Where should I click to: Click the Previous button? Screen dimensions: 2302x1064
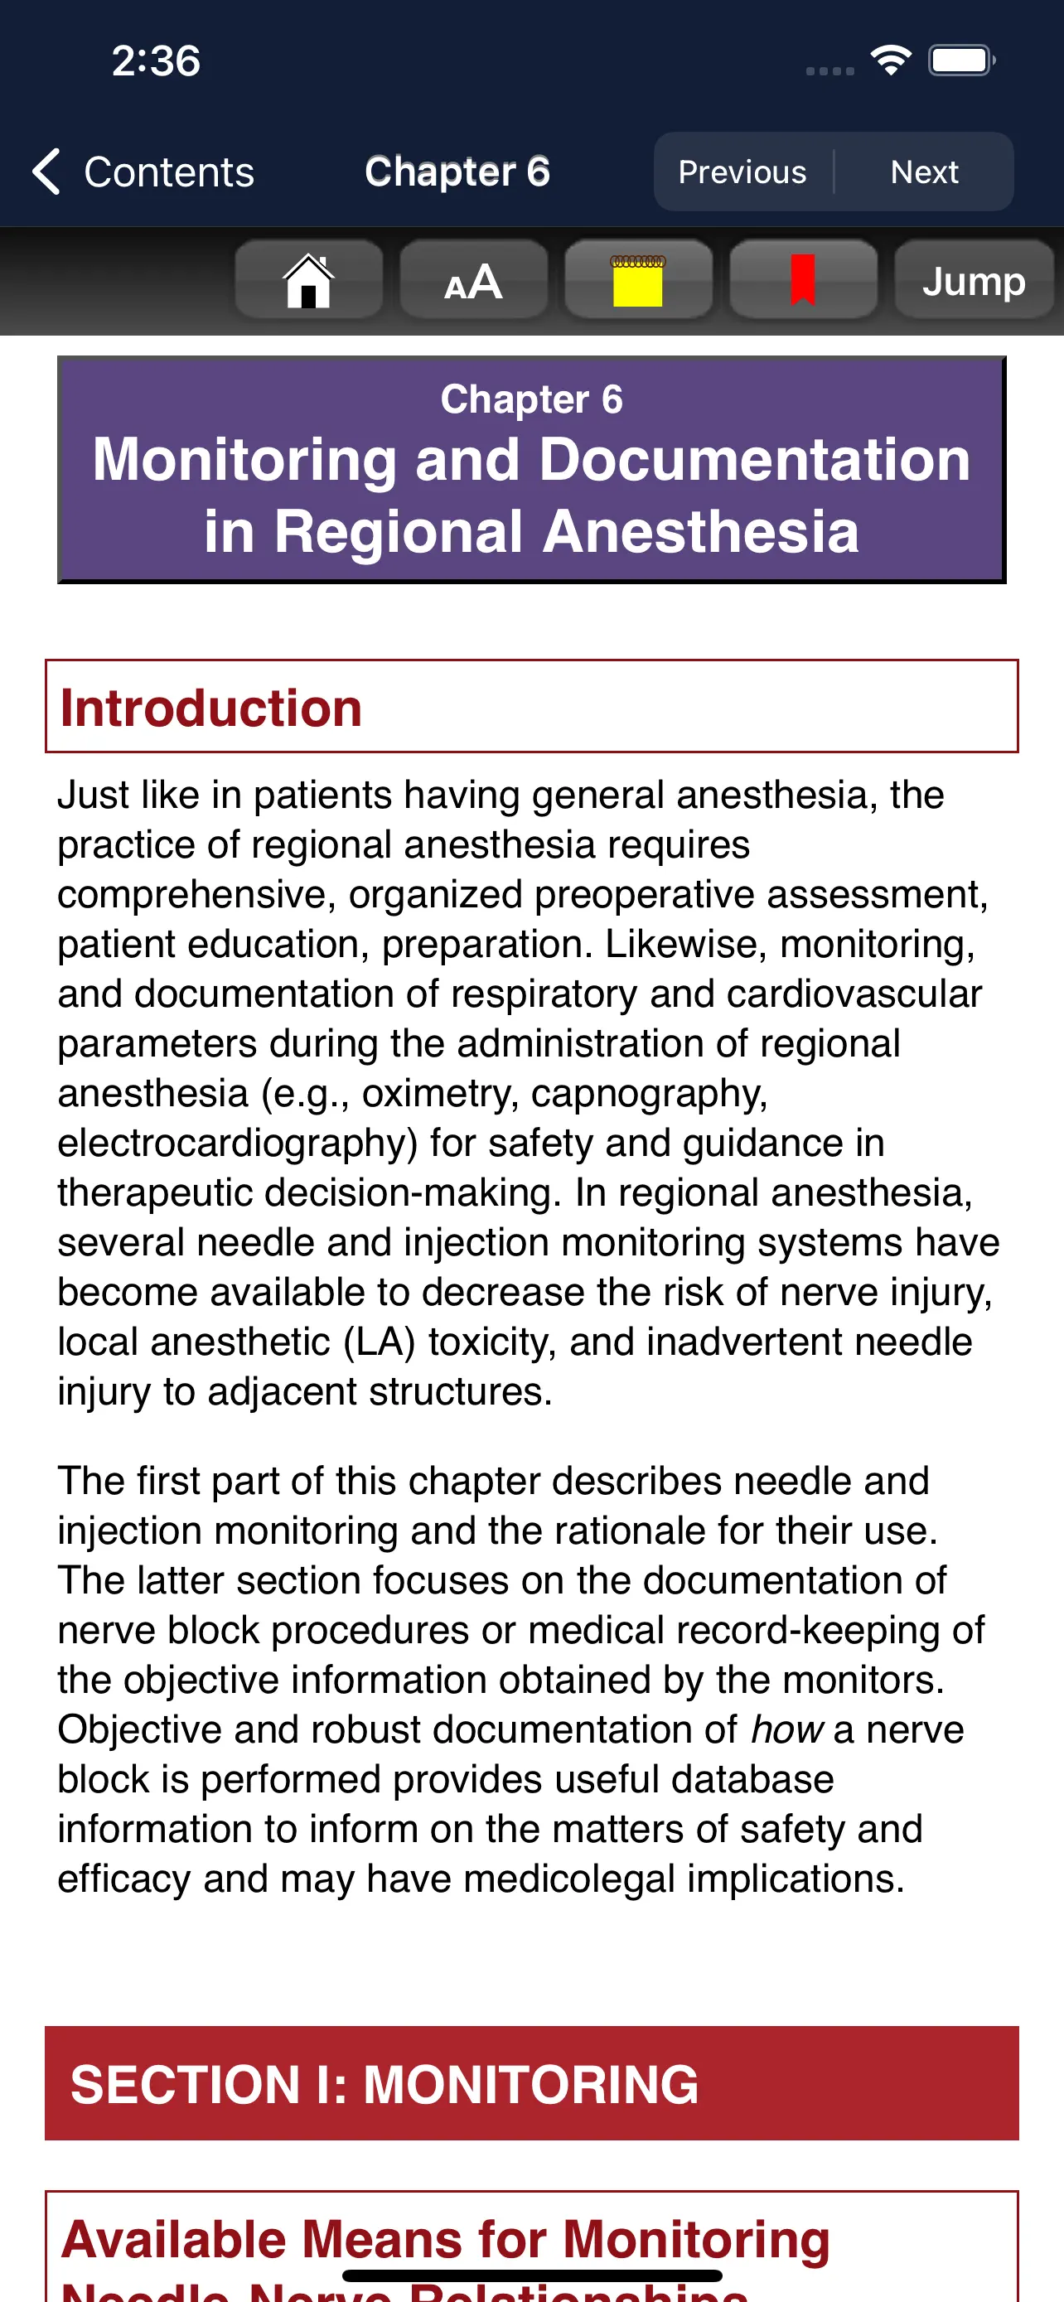(742, 172)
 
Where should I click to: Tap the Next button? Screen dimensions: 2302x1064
(924, 172)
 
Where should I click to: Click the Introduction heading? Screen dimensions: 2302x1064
(210, 708)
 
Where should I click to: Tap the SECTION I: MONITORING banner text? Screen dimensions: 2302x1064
(384, 2084)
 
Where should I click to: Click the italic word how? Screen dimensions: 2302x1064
(786, 1730)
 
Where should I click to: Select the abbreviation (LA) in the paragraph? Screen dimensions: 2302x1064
(380, 1342)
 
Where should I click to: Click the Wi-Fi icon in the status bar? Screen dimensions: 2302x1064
(890, 60)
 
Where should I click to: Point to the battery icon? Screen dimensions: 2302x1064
(961, 60)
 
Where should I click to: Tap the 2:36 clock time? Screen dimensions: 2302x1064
(156, 60)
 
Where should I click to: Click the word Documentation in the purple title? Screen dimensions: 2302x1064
(754, 460)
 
